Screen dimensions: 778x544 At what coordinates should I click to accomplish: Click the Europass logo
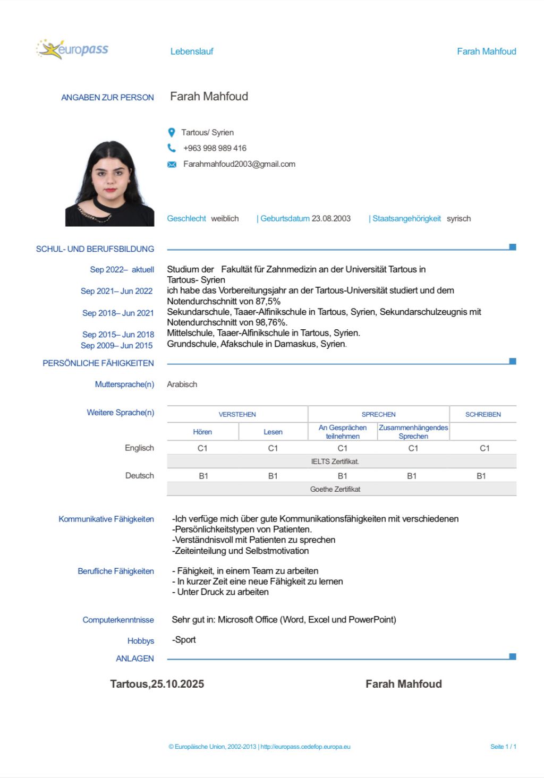point(73,49)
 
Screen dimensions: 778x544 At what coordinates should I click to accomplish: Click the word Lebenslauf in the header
point(192,52)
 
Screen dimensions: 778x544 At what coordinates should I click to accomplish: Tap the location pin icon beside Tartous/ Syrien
point(172,132)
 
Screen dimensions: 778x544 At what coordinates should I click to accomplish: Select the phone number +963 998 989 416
point(215,148)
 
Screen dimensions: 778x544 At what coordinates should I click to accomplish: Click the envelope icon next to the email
point(172,165)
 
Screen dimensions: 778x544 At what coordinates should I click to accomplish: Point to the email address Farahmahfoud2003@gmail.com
point(239,164)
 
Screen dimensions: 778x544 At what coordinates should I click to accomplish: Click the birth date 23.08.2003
point(331,219)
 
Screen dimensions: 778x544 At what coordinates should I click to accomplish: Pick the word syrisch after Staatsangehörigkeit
point(458,219)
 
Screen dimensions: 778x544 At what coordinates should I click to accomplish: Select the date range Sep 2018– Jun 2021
point(118,313)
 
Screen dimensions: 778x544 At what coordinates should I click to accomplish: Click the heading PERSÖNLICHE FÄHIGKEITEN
point(98,363)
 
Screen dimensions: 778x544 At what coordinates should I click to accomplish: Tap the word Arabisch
point(182,384)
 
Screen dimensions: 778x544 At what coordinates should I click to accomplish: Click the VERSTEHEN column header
point(237,415)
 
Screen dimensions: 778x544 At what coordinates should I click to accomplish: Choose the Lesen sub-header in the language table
point(273,432)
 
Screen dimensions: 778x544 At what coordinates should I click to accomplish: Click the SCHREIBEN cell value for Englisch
point(484,449)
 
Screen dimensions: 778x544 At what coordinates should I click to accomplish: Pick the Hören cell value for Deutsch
point(203,476)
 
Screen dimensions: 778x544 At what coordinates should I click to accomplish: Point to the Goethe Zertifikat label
point(335,489)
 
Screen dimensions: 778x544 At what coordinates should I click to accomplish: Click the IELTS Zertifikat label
point(335,461)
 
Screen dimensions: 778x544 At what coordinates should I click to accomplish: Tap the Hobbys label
point(141,641)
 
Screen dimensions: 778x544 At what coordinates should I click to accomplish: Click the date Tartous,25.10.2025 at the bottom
point(157,684)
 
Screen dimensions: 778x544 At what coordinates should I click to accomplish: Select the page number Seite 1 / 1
point(503,747)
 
